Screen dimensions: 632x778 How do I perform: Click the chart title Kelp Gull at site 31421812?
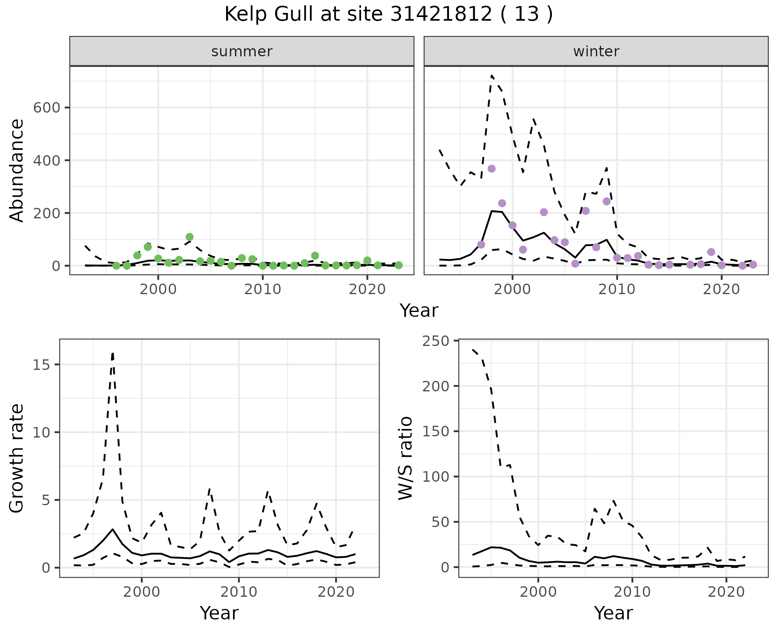[x=388, y=15]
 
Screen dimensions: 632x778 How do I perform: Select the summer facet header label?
[x=242, y=51]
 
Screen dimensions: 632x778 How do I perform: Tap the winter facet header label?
[x=596, y=51]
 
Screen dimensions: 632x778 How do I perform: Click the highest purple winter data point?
[x=492, y=169]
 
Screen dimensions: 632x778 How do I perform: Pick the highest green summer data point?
[x=190, y=237]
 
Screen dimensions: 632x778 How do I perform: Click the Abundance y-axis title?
[x=17, y=171]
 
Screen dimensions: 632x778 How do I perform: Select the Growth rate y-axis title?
[x=17, y=458]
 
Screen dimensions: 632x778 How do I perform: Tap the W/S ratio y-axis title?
[x=406, y=458]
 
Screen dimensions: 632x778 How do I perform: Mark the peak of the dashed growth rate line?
[x=113, y=353]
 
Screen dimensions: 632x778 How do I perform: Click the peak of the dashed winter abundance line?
[x=492, y=75]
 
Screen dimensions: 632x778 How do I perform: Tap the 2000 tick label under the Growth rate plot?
[x=141, y=592]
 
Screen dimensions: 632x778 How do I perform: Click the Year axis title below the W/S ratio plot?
[x=613, y=613]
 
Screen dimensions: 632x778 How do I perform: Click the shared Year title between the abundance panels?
[x=419, y=311]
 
